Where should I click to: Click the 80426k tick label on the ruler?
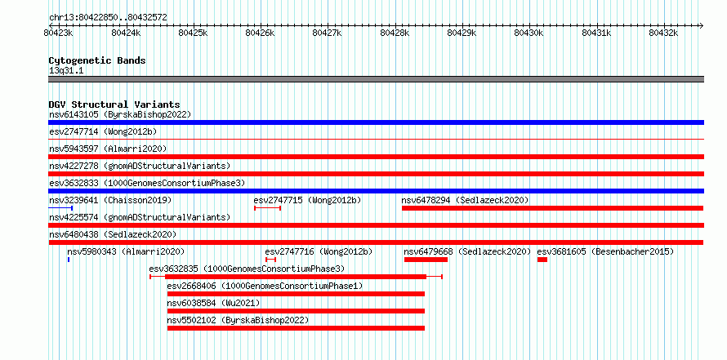click(260, 33)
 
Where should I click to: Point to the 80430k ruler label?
click(529, 33)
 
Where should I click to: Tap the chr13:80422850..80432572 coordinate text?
click(108, 18)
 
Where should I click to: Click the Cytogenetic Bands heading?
click(97, 60)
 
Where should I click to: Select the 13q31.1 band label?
click(66, 71)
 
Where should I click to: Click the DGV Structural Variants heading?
click(114, 104)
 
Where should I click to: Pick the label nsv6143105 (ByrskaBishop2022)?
click(120, 114)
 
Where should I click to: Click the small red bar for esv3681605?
click(542, 260)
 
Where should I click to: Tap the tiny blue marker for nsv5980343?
click(69, 260)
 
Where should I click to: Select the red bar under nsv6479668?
click(426, 260)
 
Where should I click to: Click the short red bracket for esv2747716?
click(270, 260)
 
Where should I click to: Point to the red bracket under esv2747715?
click(268, 208)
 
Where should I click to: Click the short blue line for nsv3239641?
click(60, 208)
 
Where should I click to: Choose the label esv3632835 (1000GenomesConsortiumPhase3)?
click(247, 269)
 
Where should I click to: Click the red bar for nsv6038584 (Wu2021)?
click(296, 311)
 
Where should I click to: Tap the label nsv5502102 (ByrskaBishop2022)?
click(238, 320)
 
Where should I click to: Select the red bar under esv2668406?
click(296, 294)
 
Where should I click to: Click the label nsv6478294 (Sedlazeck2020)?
click(465, 200)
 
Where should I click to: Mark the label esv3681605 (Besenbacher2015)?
click(605, 251)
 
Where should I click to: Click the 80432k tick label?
click(663, 33)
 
